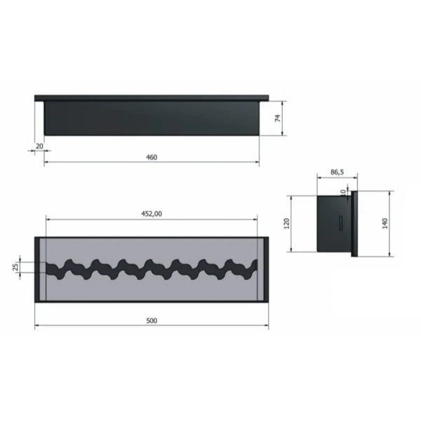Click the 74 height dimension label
click(x=278, y=118)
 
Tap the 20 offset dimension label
click(x=39, y=147)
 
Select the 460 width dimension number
click(x=152, y=157)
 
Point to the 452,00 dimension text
click(x=152, y=214)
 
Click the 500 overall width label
click(x=152, y=321)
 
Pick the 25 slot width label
click(x=16, y=267)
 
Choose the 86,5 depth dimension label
click(x=337, y=172)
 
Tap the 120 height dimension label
click(x=287, y=223)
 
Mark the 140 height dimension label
click(x=385, y=223)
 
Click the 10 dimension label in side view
click(x=343, y=192)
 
